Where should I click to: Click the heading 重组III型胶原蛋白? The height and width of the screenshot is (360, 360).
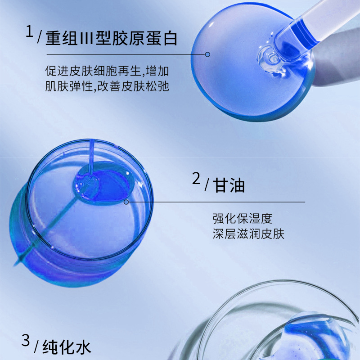(111, 38)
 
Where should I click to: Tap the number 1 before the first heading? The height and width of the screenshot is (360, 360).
(29, 31)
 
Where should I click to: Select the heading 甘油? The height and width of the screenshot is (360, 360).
(229, 185)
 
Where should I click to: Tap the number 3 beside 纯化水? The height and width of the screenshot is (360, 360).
(26, 341)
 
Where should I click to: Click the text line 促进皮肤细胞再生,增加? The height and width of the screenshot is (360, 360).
(107, 71)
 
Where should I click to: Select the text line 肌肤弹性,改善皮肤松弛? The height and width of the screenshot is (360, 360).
(107, 86)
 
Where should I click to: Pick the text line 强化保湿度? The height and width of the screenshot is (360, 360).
(242, 218)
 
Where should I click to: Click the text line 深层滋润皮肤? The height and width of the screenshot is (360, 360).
(248, 234)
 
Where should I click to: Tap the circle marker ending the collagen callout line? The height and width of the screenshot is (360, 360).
(207, 54)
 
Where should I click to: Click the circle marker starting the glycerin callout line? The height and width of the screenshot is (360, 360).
(126, 202)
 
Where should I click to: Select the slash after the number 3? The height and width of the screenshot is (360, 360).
(36, 346)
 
